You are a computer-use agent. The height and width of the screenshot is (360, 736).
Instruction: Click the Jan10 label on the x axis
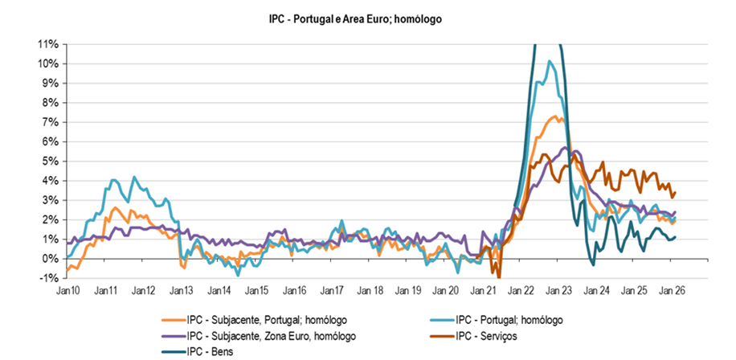pyautogui.click(x=67, y=291)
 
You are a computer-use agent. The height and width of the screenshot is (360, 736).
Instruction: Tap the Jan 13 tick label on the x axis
pyautogui.click(x=181, y=291)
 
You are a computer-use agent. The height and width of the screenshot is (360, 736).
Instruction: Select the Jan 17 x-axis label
pyautogui.click(x=332, y=291)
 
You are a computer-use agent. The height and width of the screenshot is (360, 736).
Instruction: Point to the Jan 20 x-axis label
pyautogui.click(x=445, y=291)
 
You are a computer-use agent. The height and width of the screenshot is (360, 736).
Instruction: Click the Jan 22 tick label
pyautogui.click(x=521, y=291)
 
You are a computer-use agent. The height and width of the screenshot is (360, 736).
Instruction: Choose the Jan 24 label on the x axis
pyautogui.click(x=597, y=291)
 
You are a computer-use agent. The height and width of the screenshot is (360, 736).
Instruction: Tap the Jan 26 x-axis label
pyautogui.click(x=673, y=291)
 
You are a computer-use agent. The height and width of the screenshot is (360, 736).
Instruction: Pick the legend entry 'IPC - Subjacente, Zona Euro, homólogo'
pyautogui.click(x=270, y=335)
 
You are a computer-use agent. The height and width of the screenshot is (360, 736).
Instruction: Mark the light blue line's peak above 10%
pyautogui.click(x=550, y=61)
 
